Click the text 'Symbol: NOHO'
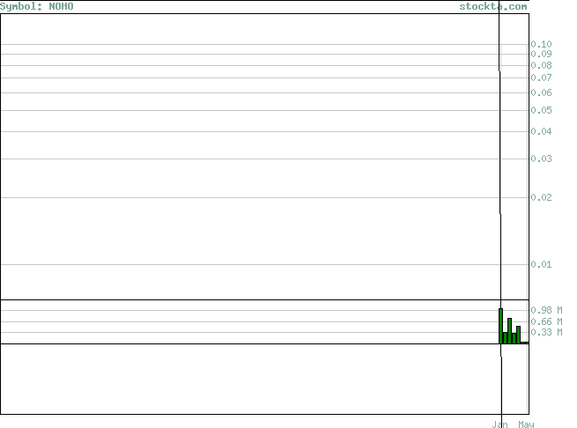pos(37,7)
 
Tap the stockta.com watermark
pos(493,7)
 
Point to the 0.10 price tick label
pos(541,44)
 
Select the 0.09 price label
pos(541,54)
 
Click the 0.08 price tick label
pos(541,65)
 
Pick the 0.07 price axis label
pos(541,77)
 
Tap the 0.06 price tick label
pos(541,92)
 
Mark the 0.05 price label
pos(541,110)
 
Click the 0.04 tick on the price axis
pos(541,131)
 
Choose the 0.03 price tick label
pos(541,159)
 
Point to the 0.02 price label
pos(541,197)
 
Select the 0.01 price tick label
pos(541,264)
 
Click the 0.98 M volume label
pos(546,310)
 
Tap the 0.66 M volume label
pos(546,321)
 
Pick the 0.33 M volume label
pos(546,332)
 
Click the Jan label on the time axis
pos(499,424)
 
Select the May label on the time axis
pos(526,424)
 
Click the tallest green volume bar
pos(501,326)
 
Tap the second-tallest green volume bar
pos(510,331)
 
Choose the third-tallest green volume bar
pos(519,335)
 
